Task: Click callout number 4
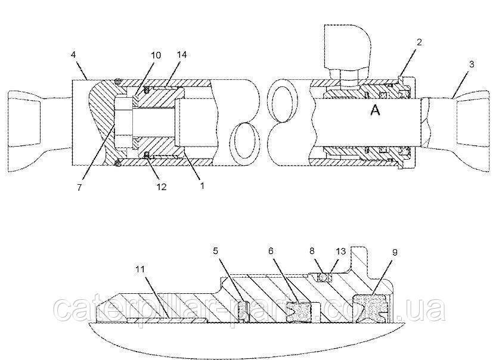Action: coord(73,55)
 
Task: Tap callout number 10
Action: coord(156,55)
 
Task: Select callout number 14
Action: coord(182,54)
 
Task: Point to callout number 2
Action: coord(419,42)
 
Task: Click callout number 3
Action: coord(472,64)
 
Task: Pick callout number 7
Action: coord(79,188)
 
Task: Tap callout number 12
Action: coord(162,187)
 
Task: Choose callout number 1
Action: coord(202,186)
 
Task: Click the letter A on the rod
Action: coord(376,110)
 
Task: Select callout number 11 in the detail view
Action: coord(140,269)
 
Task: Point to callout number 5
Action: coord(215,251)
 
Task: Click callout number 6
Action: coord(271,251)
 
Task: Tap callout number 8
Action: coord(312,251)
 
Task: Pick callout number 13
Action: coord(340,252)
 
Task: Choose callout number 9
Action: coord(395,252)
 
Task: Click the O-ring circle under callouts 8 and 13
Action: coord(324,278)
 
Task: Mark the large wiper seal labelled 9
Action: coord(370,306)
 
